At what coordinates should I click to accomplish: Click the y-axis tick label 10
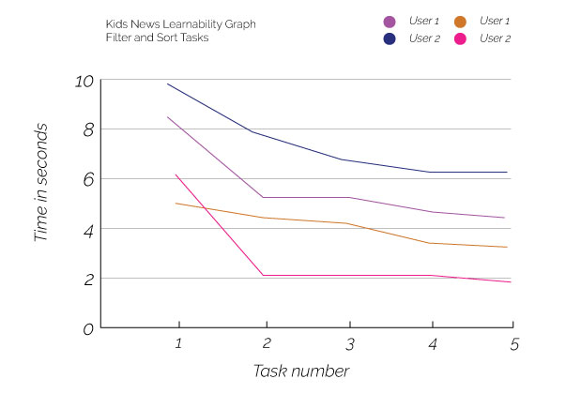point(84,81)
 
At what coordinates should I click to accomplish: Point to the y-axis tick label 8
point(88,130)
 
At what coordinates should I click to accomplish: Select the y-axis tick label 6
point(88,180)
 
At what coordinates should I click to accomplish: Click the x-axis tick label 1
point(177,344)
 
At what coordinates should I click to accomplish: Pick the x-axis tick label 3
point(349,344)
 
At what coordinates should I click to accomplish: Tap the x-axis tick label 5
point(513,344)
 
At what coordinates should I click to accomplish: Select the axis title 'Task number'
point(301,371)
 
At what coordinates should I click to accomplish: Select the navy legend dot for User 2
point(389,38)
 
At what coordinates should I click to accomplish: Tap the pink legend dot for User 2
point(460,38)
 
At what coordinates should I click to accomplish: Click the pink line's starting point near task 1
point(176,174)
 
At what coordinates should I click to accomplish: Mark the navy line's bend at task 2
point(252,132)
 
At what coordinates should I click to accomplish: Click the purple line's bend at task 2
point(262,197)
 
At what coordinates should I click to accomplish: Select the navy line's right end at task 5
point(508,172)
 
